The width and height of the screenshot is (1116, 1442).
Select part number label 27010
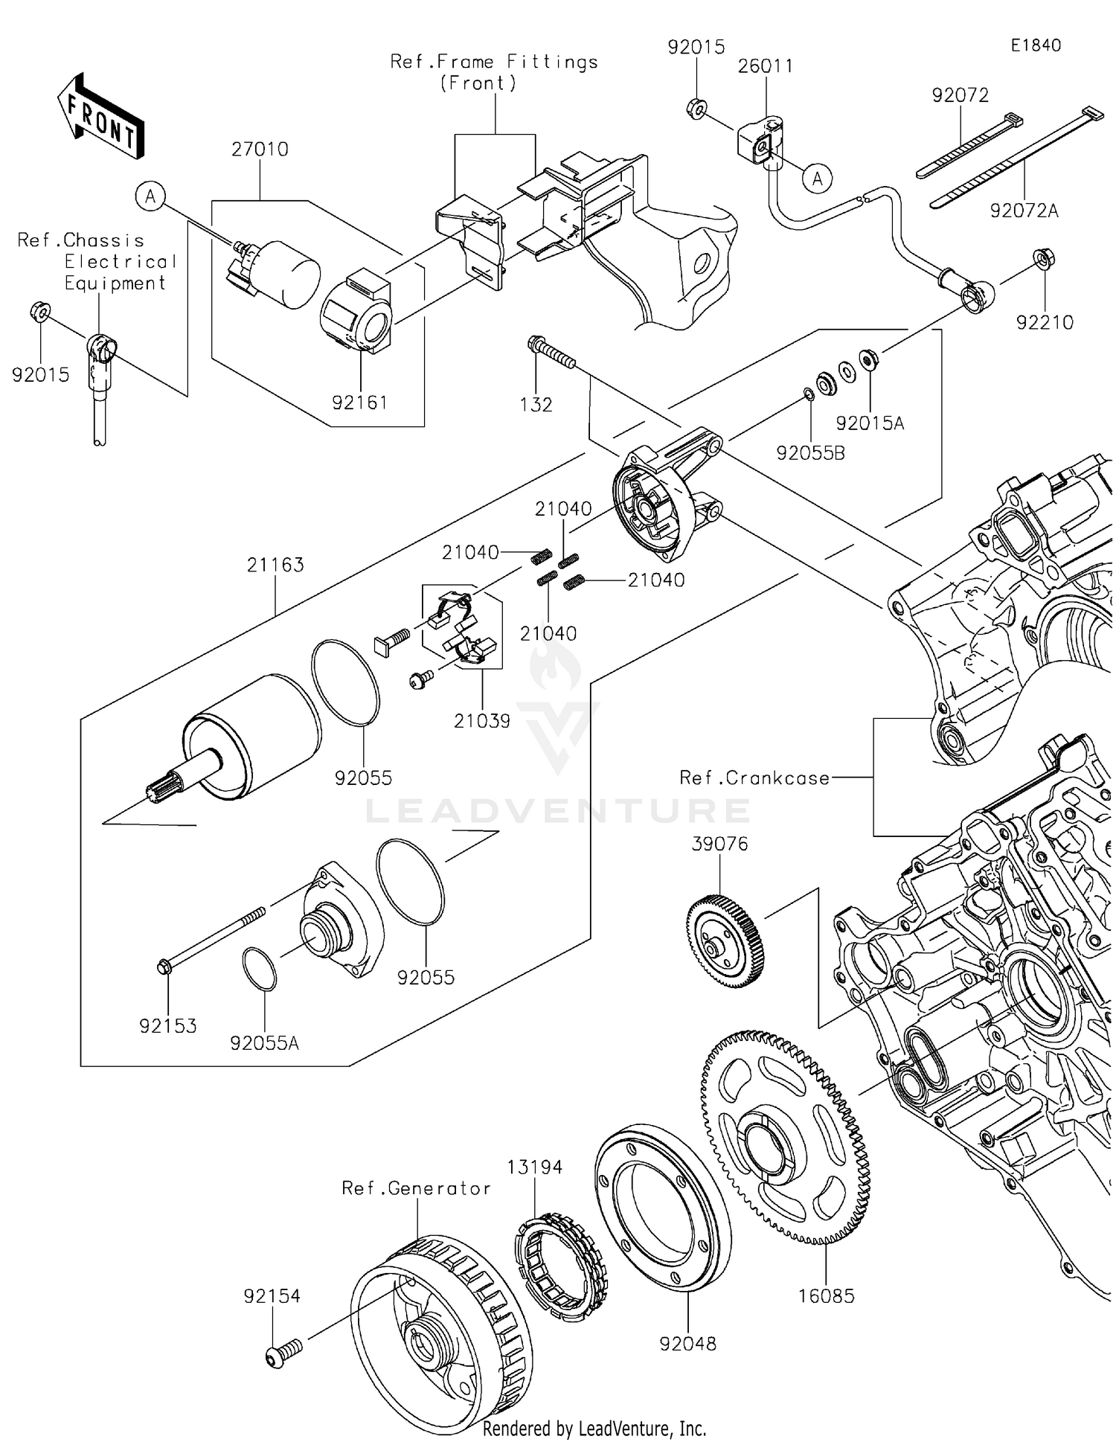click(x=260, y=150)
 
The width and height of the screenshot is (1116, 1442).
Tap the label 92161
click(x=360, y=403)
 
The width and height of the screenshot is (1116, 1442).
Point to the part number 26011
click(x=766, y=66)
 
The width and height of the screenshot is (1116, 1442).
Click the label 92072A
click(x=1024, y=211)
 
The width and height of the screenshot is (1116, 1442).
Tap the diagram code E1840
click(x=1036, y=45)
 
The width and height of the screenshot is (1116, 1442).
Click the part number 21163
click(x=275, y=565)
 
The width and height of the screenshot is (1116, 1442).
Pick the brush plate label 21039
click(x=482, y=721)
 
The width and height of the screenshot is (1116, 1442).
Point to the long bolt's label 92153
click(x=168, y=1026)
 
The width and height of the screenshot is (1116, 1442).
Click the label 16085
click(x=827, y=1296)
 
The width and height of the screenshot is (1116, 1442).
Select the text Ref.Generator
click(x=416, y=1188)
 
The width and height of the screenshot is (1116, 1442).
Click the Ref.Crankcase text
click(x=754, y=778)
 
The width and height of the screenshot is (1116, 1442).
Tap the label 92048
click(x=687, y=1344)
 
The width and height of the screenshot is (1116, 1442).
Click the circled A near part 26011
click(x=818, y=179)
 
